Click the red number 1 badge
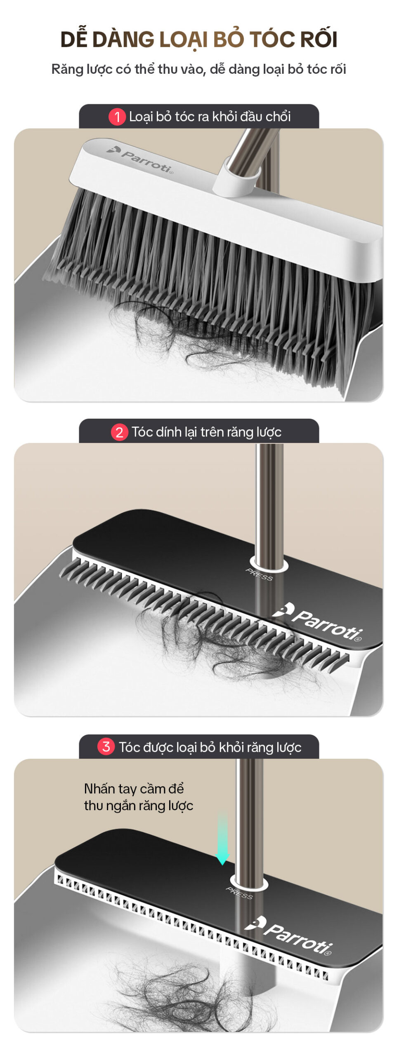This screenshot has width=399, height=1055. [x=117, y=117]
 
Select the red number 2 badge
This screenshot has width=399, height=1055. [x=119, y=432]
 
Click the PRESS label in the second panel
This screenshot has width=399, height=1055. [x=259, y=574]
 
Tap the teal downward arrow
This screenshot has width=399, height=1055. [x=222, y=839]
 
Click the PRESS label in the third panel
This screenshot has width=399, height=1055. [x=239, y=893]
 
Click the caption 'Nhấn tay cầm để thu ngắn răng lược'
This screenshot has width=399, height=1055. [x=139, y=797]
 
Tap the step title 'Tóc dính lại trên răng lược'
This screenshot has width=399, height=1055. [x=206, y=432]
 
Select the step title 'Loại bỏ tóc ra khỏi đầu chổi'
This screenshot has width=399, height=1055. [x=210, y=117]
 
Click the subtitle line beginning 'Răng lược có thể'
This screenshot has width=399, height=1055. [x=199, y=69]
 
